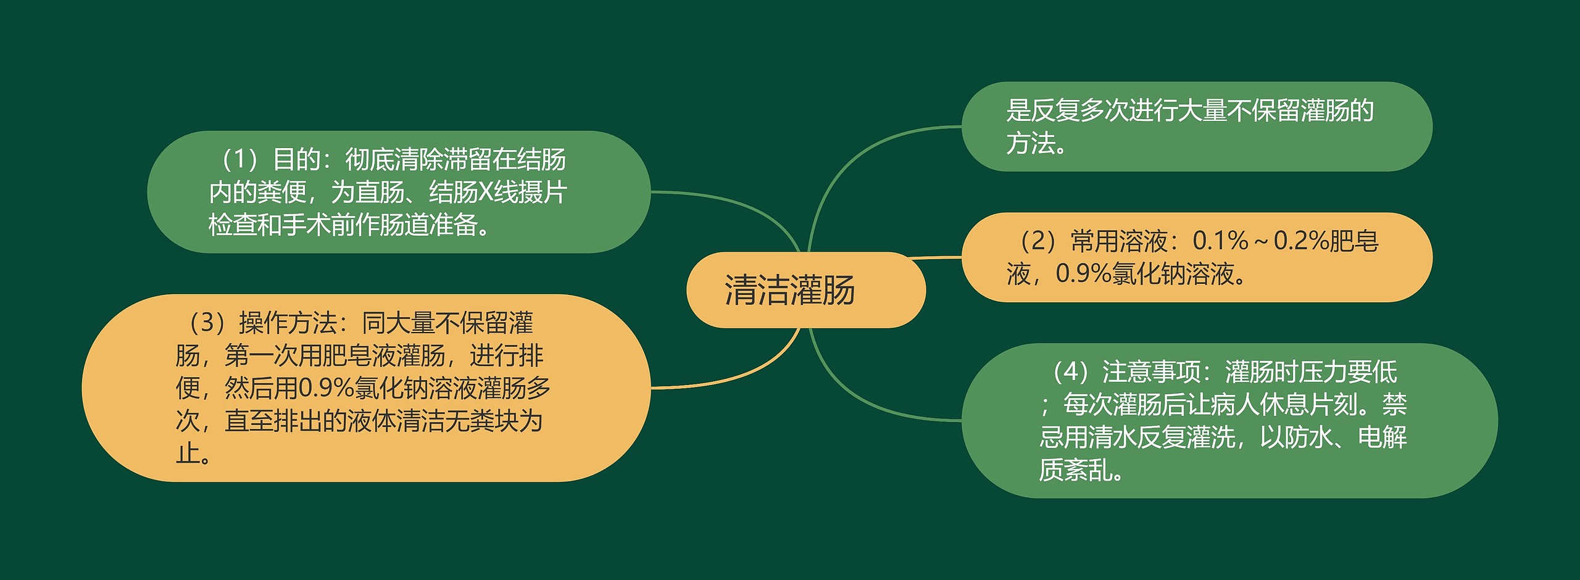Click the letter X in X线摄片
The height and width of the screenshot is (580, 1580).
coord(486,193)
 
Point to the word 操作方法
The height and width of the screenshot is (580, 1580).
coord(288,323)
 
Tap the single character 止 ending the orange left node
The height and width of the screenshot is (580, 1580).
coord(188,454)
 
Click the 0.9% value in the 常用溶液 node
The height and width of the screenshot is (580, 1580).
coord(1083,274)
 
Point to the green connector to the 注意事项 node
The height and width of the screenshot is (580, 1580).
coord(864,401)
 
